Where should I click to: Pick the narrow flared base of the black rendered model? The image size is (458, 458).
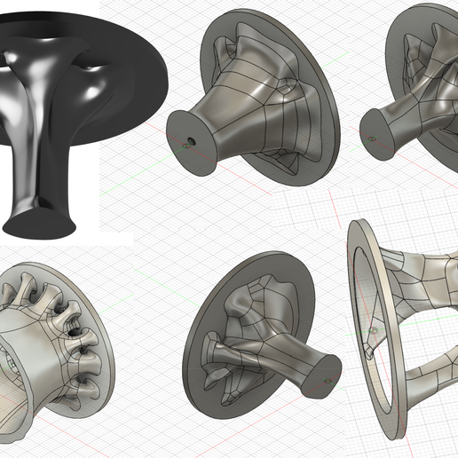click(40, 217)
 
